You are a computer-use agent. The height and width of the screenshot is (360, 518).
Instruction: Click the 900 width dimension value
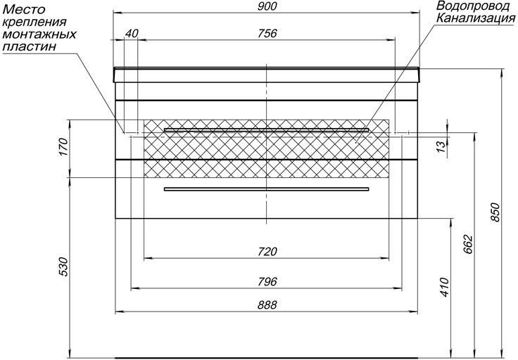(267, 6)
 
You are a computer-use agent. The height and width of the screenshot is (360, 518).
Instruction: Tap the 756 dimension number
(267, 33)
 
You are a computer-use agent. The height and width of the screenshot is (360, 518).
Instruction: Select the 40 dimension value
(132, 33)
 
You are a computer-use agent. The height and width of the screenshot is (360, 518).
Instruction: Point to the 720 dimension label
(267, 252)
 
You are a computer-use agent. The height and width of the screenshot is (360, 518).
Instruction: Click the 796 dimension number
(267, 282)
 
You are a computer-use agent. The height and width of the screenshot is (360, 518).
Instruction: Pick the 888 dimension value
(267, 305)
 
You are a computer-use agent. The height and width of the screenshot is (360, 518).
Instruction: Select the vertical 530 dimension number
(63, 266)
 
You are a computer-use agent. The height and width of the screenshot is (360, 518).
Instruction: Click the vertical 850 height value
(496, 212)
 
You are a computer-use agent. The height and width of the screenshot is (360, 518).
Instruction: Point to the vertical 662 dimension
(469, 245)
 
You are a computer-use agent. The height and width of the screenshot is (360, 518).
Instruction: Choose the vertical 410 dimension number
(445, 288)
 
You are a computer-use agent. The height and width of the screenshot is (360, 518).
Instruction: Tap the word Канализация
(476, 18)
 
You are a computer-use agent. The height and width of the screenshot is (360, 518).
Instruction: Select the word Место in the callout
(23, 9)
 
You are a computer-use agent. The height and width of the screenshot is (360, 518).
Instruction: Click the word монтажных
(39, 34)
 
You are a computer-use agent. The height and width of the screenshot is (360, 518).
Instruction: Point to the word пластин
(29, 46)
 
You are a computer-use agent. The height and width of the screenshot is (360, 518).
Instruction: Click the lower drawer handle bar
(266, 189)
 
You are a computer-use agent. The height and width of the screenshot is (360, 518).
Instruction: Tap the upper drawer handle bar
(266, 129)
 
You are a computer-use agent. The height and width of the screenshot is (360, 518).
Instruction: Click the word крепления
(34, 22)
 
